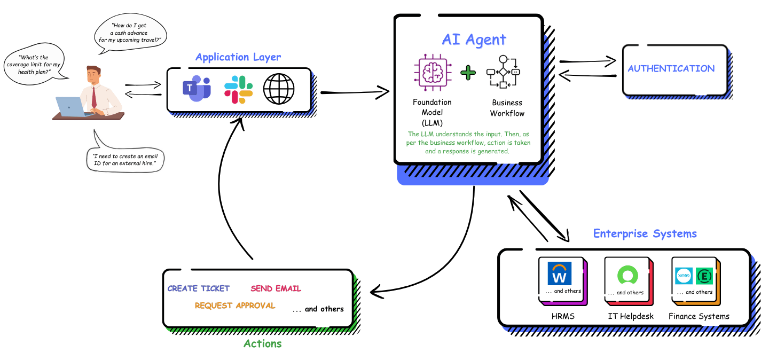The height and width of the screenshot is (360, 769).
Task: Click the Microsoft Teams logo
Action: [197, 89]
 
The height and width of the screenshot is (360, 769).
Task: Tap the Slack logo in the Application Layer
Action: [238, 89]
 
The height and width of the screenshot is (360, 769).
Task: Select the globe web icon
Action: [279, 89]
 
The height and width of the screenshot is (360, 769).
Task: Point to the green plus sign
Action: [468, 73]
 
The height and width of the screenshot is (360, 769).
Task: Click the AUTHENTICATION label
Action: [671, 68]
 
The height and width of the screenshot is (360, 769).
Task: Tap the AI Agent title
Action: [474, 40]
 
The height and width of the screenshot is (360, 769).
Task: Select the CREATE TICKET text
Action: [199, 288]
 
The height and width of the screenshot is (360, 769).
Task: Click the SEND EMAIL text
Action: [276, 288]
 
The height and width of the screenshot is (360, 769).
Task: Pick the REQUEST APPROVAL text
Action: [235, 306]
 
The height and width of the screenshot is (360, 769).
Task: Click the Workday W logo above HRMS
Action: [560, 273]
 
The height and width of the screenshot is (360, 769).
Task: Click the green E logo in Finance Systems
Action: [704, 276]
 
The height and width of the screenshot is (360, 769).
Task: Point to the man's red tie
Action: [94, 97]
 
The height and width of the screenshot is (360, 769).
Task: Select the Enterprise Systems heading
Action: [645, 233]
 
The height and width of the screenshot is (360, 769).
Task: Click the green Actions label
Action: [262, 343]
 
